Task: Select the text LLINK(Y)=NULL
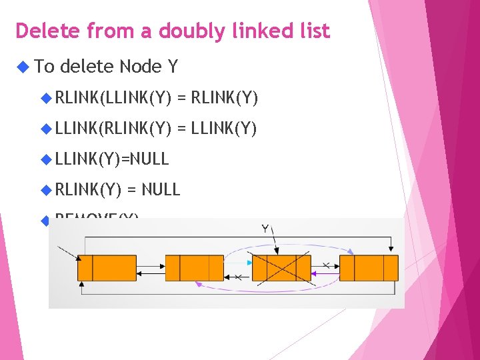(112, 159)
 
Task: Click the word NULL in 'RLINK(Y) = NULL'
(161, 189)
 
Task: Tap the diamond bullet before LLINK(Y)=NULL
(46, 159)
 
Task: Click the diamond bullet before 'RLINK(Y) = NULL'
(46, 189)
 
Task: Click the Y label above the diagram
(265, 229)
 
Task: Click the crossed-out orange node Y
(281, 268)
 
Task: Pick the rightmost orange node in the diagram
(369, 268)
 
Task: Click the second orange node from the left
(194, 268)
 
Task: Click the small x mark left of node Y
(238, 277)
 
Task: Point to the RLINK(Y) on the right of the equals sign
(224, 99)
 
